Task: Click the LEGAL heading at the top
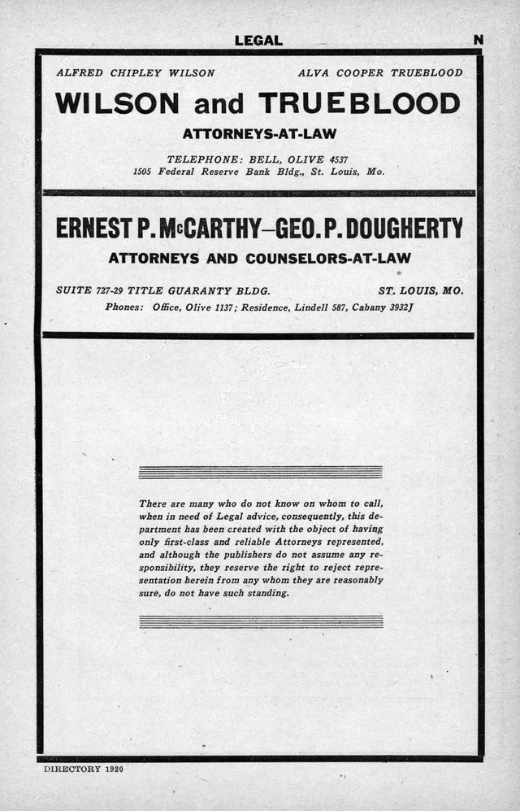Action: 258,40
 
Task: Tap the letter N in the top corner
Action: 479,39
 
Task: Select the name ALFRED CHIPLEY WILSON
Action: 135,72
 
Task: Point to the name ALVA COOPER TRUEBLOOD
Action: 380,72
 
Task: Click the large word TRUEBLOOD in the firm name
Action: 359,103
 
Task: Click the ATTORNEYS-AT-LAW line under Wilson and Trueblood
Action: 259,133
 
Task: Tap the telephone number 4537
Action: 337,159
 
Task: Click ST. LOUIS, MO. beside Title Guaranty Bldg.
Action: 421,290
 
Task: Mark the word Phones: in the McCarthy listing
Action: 124,307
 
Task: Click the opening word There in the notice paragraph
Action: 153,504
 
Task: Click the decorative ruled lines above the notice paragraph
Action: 260,472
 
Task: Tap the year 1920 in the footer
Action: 112,769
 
